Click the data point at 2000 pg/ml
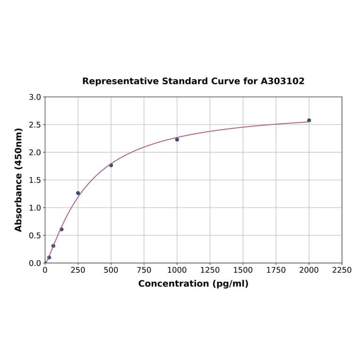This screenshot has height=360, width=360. (309, 120)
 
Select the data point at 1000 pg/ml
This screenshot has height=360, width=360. (177, 139)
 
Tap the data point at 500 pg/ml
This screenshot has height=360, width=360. (111, 165)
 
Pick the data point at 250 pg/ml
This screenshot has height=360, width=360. (78, 193)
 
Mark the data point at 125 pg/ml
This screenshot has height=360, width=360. (62, 229)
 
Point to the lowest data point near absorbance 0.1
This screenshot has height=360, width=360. (49, 257)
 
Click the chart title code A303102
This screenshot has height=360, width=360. (283, 81)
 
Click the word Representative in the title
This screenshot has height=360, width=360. (121, 81)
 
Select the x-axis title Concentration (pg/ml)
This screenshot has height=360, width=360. (193, 284)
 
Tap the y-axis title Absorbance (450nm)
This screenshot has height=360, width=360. (19, 180)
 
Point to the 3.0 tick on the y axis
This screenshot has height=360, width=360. (35, 97)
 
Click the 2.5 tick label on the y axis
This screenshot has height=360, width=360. (35, 125)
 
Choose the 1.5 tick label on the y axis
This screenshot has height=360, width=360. (35, 180)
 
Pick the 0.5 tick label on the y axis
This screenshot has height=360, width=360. (35, 236)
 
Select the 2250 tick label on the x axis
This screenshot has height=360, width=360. (342, 270)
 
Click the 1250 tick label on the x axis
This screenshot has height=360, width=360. (210, 270)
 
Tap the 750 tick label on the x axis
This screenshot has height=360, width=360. (144, 270)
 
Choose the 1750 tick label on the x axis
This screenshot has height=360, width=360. (276, 270)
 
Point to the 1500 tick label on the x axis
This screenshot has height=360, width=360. (243, 270)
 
